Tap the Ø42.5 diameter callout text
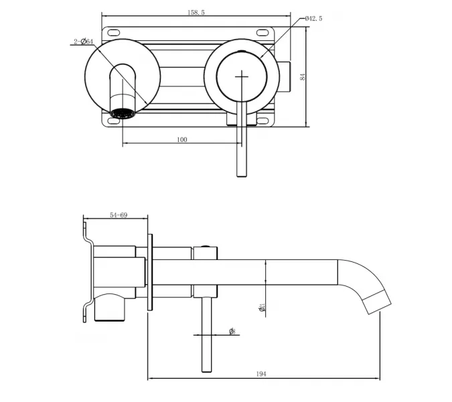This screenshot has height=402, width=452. click(x=313, y=19)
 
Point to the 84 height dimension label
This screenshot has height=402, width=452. click(x=302, y=77)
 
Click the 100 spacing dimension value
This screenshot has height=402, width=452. click(x=181, y=139)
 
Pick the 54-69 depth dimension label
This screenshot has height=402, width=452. click(x=119, y=215)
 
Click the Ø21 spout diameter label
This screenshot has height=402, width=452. click(x=262, y=306)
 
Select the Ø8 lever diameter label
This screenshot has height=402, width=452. click(x=231, y=331)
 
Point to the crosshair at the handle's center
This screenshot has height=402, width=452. click(x=240, y=76)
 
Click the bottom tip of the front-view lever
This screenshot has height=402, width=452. click(x=241, y=176)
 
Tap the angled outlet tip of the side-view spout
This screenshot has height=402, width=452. click(x=378, y=303)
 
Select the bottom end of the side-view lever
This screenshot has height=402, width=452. click(x=206, y=370)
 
